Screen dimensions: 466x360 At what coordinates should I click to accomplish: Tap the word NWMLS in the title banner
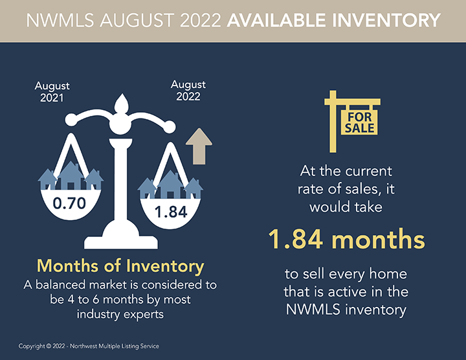click(x=60, y=20)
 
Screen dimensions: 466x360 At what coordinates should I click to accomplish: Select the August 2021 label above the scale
click(x=52, y=91)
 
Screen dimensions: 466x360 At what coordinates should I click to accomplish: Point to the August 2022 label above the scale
click(x=188, y=91)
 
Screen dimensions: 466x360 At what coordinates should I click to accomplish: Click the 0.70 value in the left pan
click(x=69, y=203)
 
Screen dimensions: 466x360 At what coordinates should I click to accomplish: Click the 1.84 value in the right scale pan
click(x=171, y=212)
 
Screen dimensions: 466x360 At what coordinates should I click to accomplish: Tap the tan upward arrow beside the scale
click(x=199, y=146)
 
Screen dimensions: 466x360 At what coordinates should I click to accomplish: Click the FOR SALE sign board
click(x=359, y=123)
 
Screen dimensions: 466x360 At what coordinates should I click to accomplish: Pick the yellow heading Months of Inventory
click(x=120, y=265)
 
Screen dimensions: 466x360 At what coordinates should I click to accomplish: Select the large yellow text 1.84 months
click(x=346, y=240)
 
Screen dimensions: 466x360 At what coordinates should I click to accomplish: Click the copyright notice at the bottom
click(x=89, y=346)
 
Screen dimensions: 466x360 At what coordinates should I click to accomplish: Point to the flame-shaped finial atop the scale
click(x=122, y=104)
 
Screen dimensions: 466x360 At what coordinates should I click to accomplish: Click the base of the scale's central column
click(x=121, y=238)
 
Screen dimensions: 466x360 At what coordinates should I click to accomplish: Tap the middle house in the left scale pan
click(x=71, y=175)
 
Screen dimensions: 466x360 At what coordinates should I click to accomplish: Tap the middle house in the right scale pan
click(x=170, y=185)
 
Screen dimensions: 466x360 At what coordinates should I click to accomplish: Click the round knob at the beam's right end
click(x=170, y=128)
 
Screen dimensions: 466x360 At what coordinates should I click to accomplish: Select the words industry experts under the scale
click(x=120, y=314)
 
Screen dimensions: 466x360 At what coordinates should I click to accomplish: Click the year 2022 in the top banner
click(x=201, y=20)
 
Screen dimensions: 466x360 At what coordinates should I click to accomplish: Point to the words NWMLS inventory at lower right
click(x=346, y=309)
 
